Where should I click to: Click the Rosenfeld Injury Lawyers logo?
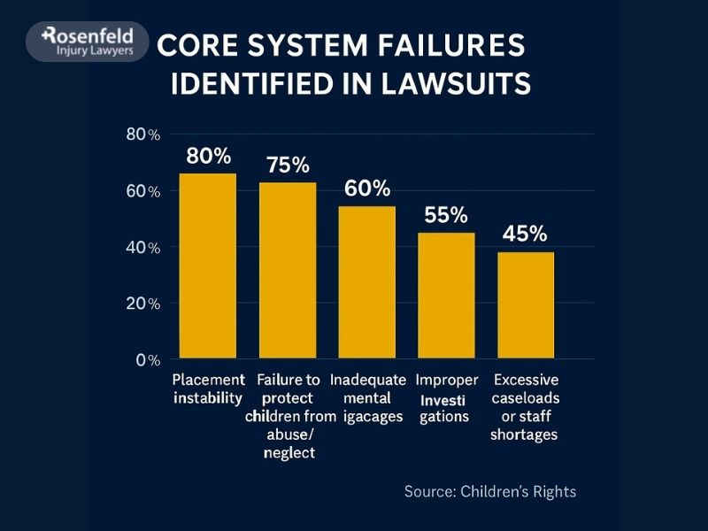tap(87, 41)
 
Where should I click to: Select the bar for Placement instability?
tap(208, 265)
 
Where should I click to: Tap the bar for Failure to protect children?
tap(288, 270)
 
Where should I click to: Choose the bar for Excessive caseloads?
tap(526, 304)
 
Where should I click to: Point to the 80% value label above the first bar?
tap(208, 157)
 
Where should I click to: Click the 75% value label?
tap(288, 165)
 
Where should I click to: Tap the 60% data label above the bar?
tap(367, 189)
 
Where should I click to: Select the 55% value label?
tap(446, 215)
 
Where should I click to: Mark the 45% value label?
tap(525, 234)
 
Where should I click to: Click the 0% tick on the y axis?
tap(147, 360)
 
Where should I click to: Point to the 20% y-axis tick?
tap(142, 304)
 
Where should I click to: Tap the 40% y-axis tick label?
tap(142, 248)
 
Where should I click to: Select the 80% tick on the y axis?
tap(142, 135)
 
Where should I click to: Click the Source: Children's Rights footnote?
tap(489, 491)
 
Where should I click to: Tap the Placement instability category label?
tap(208, 389)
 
